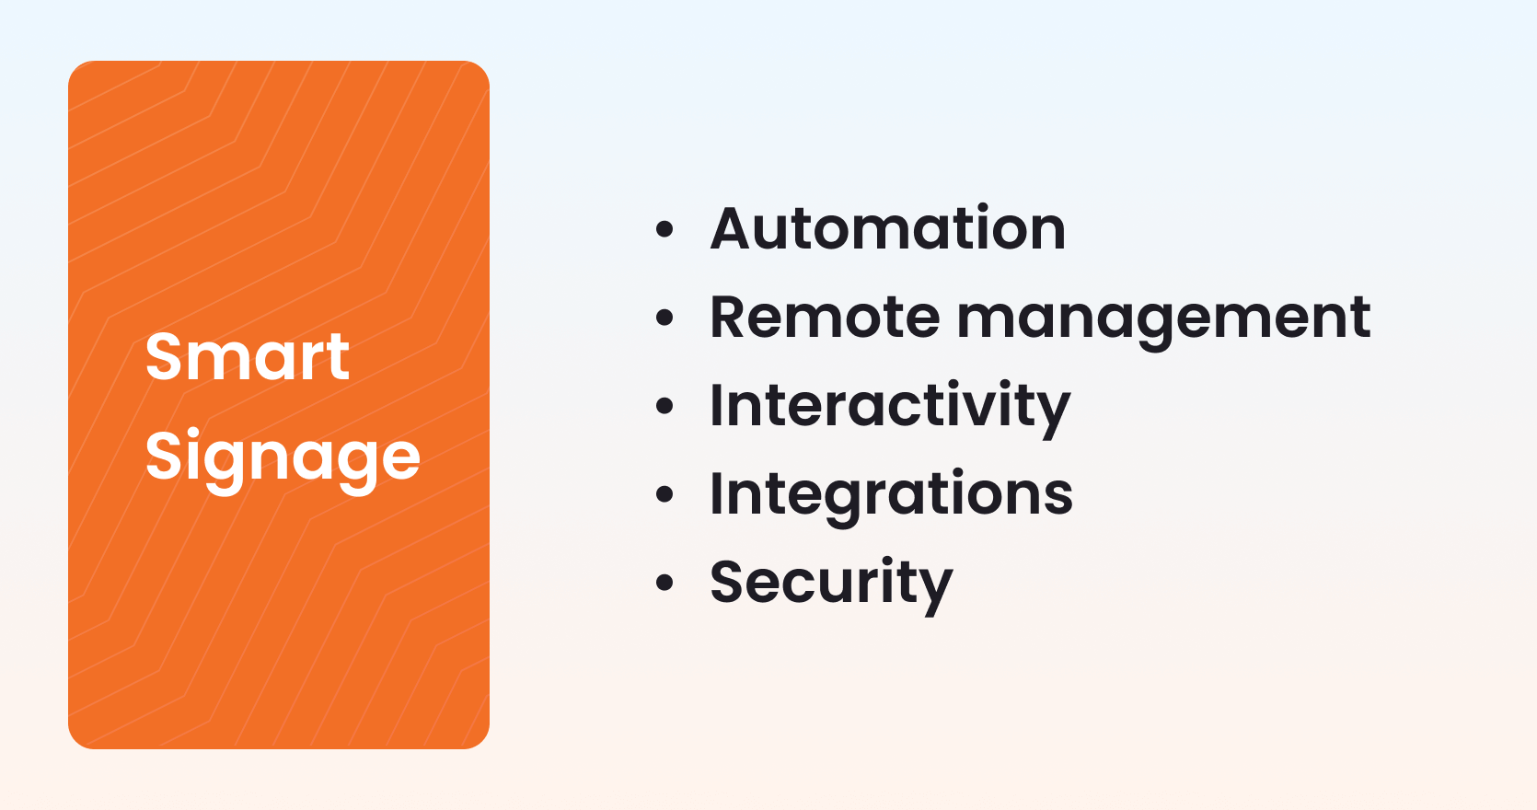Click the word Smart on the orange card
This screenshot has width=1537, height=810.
click(247, 357)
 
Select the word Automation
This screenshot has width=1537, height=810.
click(888, 228)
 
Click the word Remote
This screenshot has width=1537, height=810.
click(825, 318)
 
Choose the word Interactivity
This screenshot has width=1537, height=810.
click(890, 406)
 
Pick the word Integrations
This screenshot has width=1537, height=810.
click(891, 494)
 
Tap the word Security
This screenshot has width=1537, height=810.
click(831, 583)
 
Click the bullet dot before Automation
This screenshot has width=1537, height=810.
click(664, 229)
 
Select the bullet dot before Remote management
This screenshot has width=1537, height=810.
click(664, 318)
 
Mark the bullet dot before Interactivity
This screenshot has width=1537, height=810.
click(664, 406)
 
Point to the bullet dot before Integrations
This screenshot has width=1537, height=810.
click(664, 494)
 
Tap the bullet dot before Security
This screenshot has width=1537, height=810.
click(664, 583)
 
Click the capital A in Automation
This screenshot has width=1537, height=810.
click(733, 228)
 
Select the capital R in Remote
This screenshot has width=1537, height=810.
click(730, 318)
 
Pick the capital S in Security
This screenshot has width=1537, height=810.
click(729, 582)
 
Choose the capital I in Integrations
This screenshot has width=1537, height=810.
click(717, 493)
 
